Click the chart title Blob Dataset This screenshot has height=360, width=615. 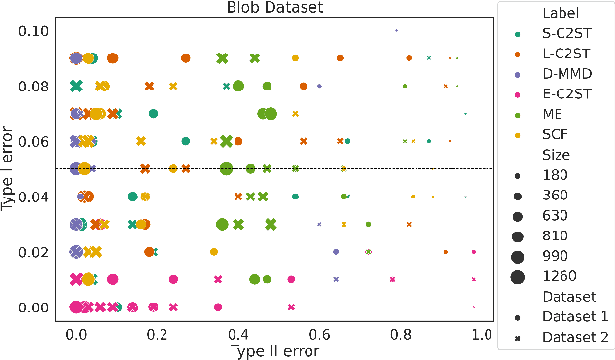(x=275, y=9)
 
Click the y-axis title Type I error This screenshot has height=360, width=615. (x=10, y=169)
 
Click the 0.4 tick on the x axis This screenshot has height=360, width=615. (x=238, y=333)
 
